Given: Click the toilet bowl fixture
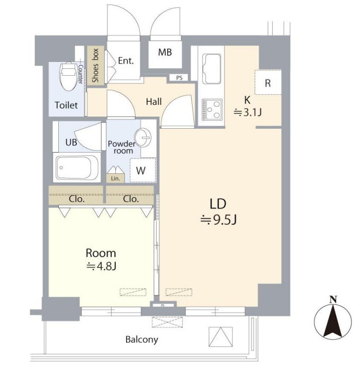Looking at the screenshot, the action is point(68,76).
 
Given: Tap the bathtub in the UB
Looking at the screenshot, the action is point(77,167).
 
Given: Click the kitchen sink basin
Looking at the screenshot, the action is point(211,69).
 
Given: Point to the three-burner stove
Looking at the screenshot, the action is point(212,110).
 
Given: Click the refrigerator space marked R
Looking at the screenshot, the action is point(268,82).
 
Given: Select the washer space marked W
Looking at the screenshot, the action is point(142,170).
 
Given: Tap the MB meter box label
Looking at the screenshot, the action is point(165,52).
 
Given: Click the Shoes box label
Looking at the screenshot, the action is point(95,65).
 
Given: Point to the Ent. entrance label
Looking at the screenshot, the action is point(126,60).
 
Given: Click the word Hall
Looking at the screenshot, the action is point(154,102).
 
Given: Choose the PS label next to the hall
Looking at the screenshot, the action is point(179,78).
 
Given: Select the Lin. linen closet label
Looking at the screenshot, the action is point(115,179).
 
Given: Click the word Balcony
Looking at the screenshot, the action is point(142,340).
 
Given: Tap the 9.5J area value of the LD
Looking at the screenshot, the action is point(219,220).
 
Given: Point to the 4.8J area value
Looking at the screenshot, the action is point(101,266).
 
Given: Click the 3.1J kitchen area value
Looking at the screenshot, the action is point(247,112).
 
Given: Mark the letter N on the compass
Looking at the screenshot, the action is point(333,300).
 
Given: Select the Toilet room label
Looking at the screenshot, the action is point(66,105).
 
